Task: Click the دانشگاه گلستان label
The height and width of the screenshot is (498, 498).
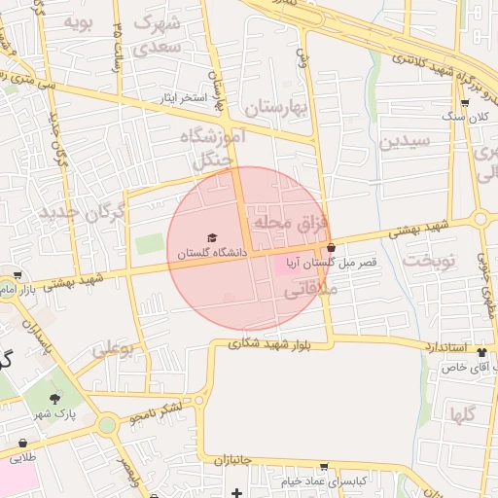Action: pyautogui.click(x=212, y=253)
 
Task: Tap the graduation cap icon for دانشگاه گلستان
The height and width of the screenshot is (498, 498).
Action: pyautogui.click(x=212, y=238)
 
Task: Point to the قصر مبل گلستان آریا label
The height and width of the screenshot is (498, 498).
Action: pyautogui.click(x=331, y=263)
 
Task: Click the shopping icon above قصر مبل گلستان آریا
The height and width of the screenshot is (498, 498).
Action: pyautogui.click(x=332, y=247)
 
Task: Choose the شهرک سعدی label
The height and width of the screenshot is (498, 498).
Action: pyautogui.click(x=156, y=33)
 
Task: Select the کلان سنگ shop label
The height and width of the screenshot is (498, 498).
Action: pyautogui.click(x=464, y=117)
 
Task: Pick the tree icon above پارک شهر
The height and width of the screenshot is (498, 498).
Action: pyautogui.click(x=53, y=398)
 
